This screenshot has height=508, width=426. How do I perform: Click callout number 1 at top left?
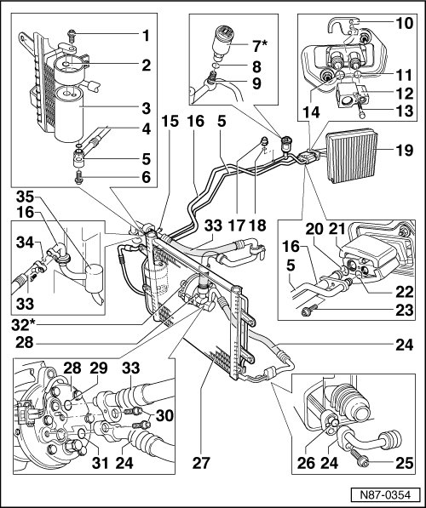(x=146, y=36)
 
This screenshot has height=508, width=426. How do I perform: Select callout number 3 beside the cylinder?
(x=146, y=108)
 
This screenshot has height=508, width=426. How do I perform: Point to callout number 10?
(x=405, y=23)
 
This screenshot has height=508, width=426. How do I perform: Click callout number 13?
(x=405, y=111)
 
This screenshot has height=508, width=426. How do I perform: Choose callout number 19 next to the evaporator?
(x=405, y=151)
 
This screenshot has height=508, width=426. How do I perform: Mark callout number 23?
(x=405, y=310)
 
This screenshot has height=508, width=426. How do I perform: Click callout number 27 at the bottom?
(x=201, y=462)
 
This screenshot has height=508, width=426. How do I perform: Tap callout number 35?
(x=25, y=197)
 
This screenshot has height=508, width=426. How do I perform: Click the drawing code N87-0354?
(x=385, y=495)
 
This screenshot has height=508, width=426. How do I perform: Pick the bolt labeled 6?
(x=79, y=178)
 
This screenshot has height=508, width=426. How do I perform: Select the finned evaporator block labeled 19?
(x=352, y=156)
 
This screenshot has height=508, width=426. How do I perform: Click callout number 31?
(x=100, y=462)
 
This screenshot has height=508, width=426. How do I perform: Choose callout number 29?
(x=98, y=368)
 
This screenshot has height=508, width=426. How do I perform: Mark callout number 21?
(x=337, y=230)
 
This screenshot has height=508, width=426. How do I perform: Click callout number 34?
(x=25, y=242)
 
